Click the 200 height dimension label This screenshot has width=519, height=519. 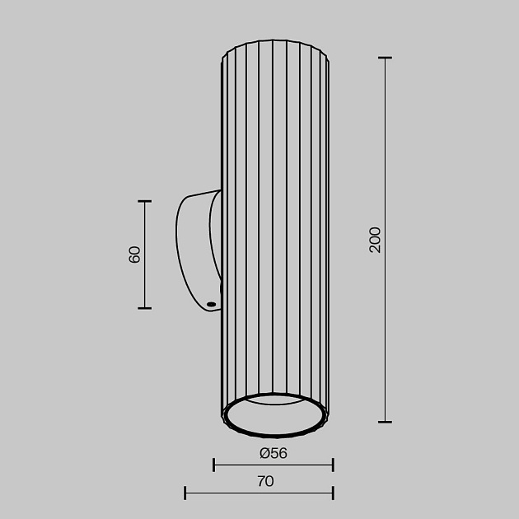tap(376, 239)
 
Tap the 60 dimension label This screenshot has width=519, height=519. tap(135, 254)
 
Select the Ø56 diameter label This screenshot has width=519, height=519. tap(273, 453)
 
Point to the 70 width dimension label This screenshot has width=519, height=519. tap(264, 482)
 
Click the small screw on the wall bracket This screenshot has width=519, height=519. tap(212, 305)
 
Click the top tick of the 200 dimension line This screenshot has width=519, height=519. tap(384, 58)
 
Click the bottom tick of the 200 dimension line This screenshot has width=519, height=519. tap(384, 422)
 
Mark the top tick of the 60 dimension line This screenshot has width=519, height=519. tap(145, 201)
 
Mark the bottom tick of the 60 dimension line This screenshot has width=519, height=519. tap(145, 308)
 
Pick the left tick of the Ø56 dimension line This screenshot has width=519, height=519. tap(214, 465)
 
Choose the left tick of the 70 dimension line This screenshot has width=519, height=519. tap(185, 493)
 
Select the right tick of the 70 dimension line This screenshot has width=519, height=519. tap(333, 493)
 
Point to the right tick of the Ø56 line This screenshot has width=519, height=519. tap(333, 465)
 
